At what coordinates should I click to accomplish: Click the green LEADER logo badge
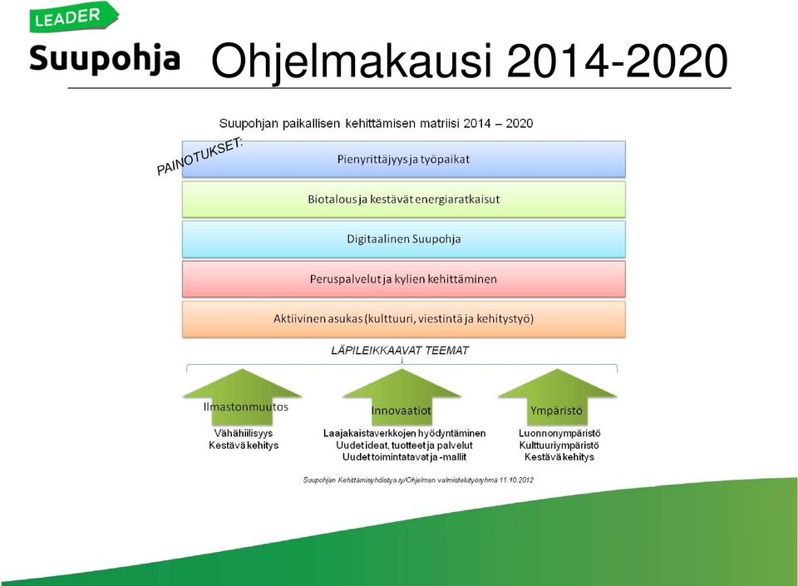tap(74, 17)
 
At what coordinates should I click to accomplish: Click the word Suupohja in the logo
tap(105, 59)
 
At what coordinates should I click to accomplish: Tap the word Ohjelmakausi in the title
tap(352, 61)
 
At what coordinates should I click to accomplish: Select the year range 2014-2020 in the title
tap(617, 61)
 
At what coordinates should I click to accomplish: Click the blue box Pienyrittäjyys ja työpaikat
tap(404, 160)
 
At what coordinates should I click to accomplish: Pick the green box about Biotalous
tap(404, 199)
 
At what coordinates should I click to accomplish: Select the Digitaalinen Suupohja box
tap(404, 239)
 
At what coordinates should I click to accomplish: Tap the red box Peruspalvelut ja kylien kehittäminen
tap(404, 279)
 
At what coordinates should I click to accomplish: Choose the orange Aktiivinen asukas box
tap(404, 319)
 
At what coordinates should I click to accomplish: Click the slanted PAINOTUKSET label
tap(199, 156)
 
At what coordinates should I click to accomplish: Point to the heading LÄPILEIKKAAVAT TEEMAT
tap(400, 351)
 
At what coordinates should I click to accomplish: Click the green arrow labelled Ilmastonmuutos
tap(242, 397)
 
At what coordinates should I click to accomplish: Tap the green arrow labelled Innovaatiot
tap(401, 397)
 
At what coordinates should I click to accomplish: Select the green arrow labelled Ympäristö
tap(557, 397)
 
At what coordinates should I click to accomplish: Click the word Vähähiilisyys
tap(244, 433)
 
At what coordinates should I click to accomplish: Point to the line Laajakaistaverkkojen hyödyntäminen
tap(405, 433)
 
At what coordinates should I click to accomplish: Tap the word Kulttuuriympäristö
tap(559, 446)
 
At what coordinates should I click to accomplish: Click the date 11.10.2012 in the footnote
tap(516, 480)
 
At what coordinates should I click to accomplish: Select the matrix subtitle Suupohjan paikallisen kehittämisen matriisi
tap(339, 124)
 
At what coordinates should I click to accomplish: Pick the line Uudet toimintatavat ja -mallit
tap(404, 457)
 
